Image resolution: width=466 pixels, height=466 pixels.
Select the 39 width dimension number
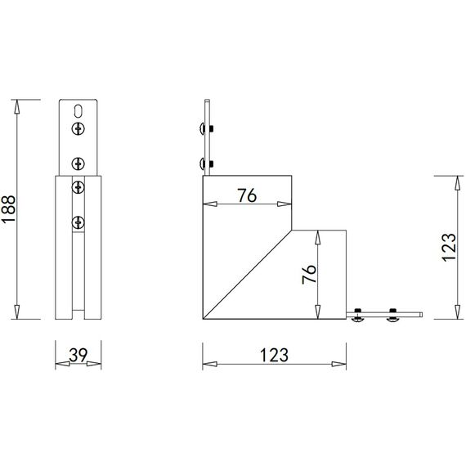(78, 355)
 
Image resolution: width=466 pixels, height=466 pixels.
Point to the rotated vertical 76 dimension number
(308, 274)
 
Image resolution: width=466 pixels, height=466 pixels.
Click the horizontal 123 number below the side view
(275, 355)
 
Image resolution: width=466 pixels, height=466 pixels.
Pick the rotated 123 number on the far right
(448, 246)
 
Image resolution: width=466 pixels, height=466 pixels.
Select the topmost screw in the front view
(78, 128)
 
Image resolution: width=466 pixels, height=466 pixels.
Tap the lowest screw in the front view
(78, 221)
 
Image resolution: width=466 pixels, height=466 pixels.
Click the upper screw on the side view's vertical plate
(202, 128)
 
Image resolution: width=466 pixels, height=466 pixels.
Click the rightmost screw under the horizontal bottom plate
(392, 319)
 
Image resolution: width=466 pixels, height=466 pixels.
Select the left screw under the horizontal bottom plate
(358, 319)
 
